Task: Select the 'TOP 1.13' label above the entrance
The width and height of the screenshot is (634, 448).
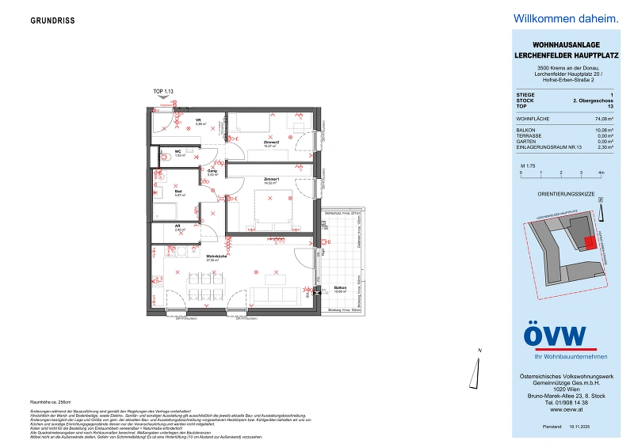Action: (163, 92)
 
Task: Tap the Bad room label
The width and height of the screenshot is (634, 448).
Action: (178, 191)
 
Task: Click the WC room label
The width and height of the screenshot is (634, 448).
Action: (179, 153)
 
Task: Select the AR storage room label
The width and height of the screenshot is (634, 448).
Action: (178, 226)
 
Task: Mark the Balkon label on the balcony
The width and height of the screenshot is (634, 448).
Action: (339, 287)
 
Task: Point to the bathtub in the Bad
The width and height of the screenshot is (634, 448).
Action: (166, 211)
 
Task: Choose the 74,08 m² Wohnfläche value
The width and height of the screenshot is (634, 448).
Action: (593, 118)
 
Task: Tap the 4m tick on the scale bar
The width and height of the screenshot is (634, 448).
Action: (602, 171)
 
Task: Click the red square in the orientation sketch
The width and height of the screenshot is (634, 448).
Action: (588, 243)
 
